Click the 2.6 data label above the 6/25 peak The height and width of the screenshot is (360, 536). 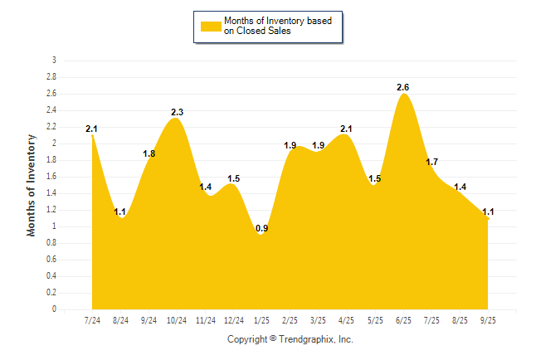pyautogui.click(x=403, y=87)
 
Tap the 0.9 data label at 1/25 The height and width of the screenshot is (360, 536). pyautogui.click(x=261, y=228)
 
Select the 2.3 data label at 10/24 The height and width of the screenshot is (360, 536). pyautogui.click(x=177, y=112)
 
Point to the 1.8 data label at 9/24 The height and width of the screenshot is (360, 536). pyautogui.click(x=149, y=153)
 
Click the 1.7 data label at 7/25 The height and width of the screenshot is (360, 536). pyautogui.click(x=431, y=162)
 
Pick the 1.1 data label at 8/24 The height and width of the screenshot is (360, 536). pyautogui.click(x=120, y=212)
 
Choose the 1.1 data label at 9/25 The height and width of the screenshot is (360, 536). pyautogui.click(x=488, y=212)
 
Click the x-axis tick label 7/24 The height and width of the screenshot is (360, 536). pyautogui.click(x=92, y=319)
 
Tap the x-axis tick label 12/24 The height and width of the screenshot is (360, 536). pyautogui.click(x=233, y=319)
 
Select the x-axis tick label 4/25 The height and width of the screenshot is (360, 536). pyautogui.click(x=347, y=319)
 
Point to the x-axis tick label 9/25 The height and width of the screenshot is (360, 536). pyautogui.click(x=488, y=319)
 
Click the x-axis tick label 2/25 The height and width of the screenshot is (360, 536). pyautogui.click(x=290, y=319)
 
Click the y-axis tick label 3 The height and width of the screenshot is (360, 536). pyautogui.click(x=54, y=61)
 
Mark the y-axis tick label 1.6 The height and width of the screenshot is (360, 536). pyautogui.click(x=51, y=177)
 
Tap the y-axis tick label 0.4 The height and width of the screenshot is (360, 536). pyautogui.click(x=51, y=276)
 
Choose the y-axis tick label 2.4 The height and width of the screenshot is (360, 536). pyautogui.click(x=51, y=110)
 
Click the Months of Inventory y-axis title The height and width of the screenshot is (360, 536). pyautogui.click(x=32, y=185)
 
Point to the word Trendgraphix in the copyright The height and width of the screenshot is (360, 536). pyautogui.click(x=305, y=339)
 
